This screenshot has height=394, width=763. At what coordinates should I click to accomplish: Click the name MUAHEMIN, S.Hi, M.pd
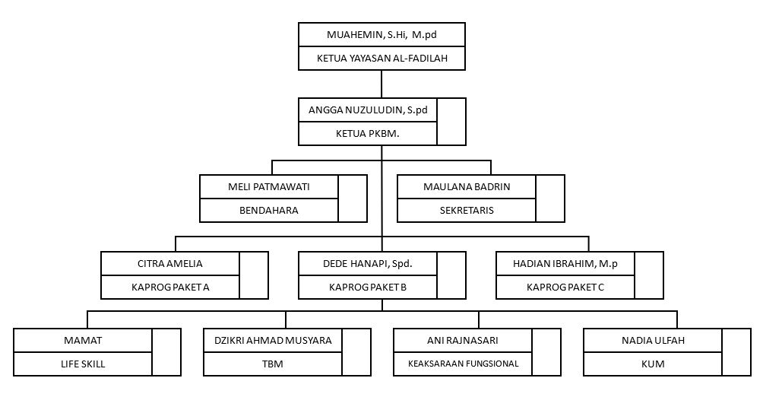click(381, 35)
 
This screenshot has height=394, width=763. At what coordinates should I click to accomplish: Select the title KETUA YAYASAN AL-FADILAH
click(382, 59)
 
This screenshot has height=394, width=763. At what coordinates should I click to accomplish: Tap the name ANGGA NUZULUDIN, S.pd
click(368, 110)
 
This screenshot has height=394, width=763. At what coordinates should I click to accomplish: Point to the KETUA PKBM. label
click(367, 133)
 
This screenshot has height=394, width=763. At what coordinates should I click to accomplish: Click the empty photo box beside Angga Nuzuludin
click(451, 122)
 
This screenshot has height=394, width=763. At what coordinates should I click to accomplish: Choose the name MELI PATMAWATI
click(268, 186)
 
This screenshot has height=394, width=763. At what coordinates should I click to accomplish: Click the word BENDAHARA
click(268, 211)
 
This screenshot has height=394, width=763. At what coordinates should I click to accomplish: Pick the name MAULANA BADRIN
click(467, 186)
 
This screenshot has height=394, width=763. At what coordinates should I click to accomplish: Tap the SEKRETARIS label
click(467, 211)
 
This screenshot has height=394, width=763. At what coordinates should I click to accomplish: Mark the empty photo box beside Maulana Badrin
click(550, 199)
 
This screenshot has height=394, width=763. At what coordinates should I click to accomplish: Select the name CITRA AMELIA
click(169, 264)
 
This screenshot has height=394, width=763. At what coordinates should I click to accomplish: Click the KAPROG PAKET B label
click(367, 288)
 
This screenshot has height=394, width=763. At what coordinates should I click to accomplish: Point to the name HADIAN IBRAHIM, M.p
click(565, 264)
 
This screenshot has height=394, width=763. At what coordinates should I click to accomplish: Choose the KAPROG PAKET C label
click(565, 288)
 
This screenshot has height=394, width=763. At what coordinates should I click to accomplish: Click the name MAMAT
click(83, 341)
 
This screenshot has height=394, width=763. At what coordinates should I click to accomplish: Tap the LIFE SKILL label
click(83, 364)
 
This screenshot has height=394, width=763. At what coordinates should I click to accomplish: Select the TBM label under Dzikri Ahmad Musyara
click(273, 364)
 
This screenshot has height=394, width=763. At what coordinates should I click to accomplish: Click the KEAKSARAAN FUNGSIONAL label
click(464, 364)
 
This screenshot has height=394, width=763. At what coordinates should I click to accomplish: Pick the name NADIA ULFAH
click(653, 341)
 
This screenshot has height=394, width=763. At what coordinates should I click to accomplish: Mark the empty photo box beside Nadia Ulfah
click(736, 352)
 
